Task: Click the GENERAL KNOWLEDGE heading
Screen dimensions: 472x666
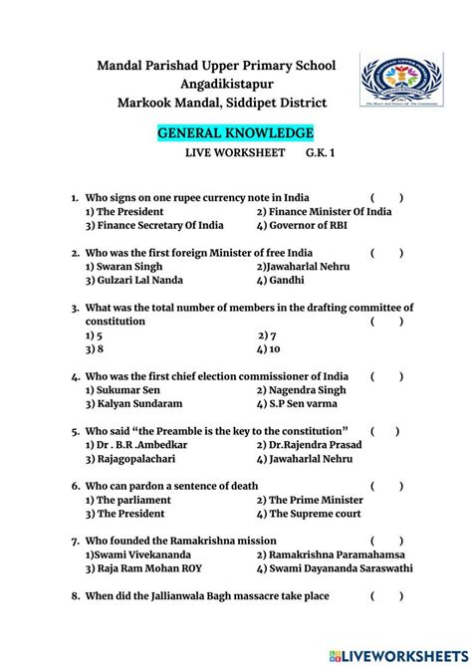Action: click(236, 132)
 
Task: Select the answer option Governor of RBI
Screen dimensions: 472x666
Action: click(301, 225)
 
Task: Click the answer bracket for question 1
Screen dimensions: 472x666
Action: click(387, 198)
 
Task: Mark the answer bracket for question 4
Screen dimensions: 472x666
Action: click(387, 376)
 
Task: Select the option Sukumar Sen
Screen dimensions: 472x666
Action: click(123, 390)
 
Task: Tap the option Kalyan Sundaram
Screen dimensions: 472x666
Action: click(133, 404)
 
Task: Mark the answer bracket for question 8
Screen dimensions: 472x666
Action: click(387, 595)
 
